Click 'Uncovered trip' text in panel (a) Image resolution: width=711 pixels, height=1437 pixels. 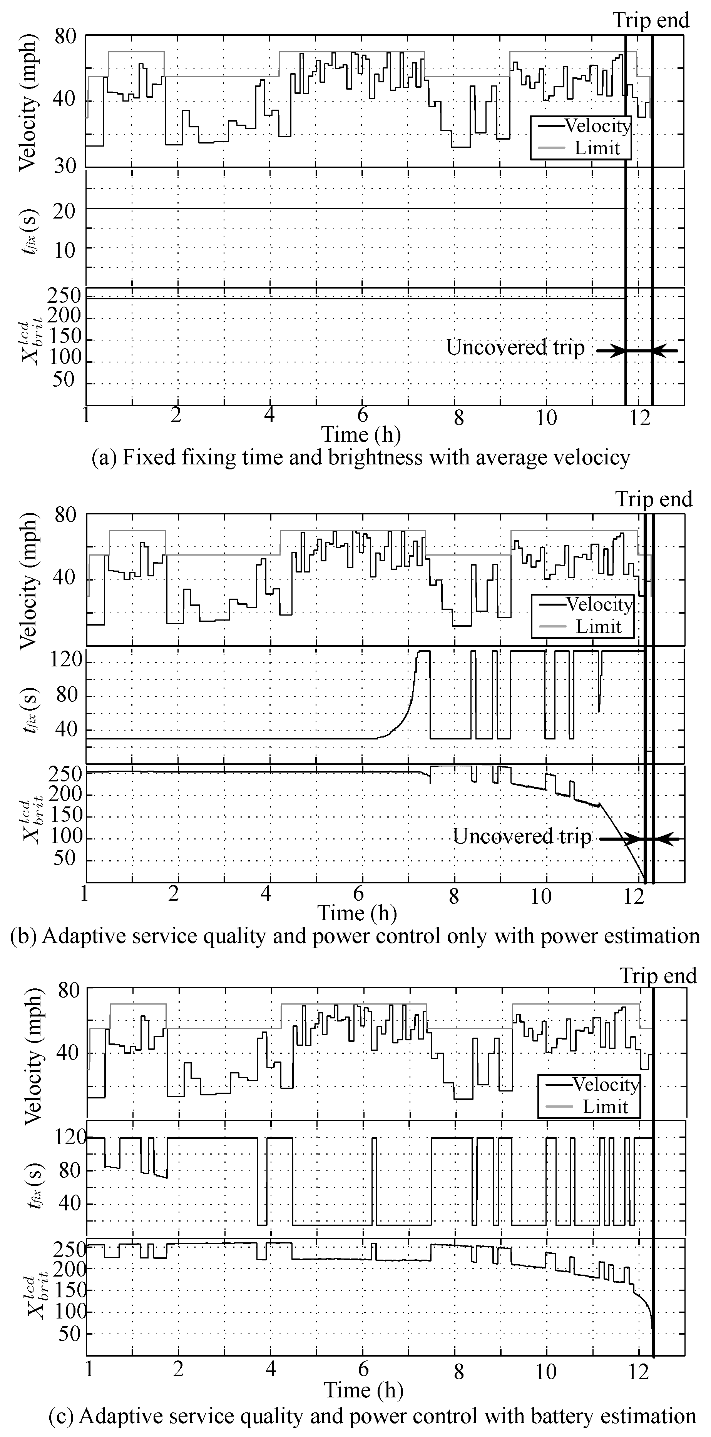515,347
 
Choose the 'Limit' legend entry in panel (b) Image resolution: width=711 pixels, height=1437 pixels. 598,626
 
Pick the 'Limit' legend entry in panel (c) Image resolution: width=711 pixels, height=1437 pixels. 605,1106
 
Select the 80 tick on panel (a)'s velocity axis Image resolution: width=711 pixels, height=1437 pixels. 65,37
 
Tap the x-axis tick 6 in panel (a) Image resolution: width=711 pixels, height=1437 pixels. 363,417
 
